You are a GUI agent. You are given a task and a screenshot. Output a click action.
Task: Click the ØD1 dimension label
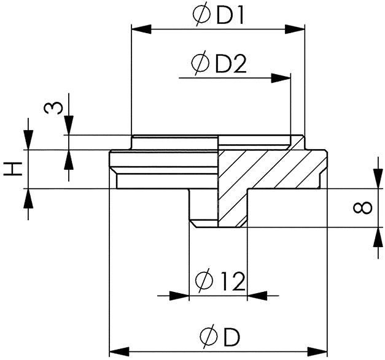tap(218, 15)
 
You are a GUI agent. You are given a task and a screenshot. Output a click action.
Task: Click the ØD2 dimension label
tap(219, 63)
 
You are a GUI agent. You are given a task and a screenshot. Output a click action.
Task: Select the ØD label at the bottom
tap(219, 335)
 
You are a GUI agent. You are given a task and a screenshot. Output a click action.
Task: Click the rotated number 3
tap(53, 108)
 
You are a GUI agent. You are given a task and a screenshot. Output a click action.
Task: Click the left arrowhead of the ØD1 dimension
tap(140, 28)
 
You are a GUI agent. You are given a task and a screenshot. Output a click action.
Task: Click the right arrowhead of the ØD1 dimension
tap(297, 28)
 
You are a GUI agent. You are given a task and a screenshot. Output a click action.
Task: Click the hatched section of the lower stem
tap(232, 209)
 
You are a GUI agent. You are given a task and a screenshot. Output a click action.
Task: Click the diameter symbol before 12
tap(203, 281)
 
